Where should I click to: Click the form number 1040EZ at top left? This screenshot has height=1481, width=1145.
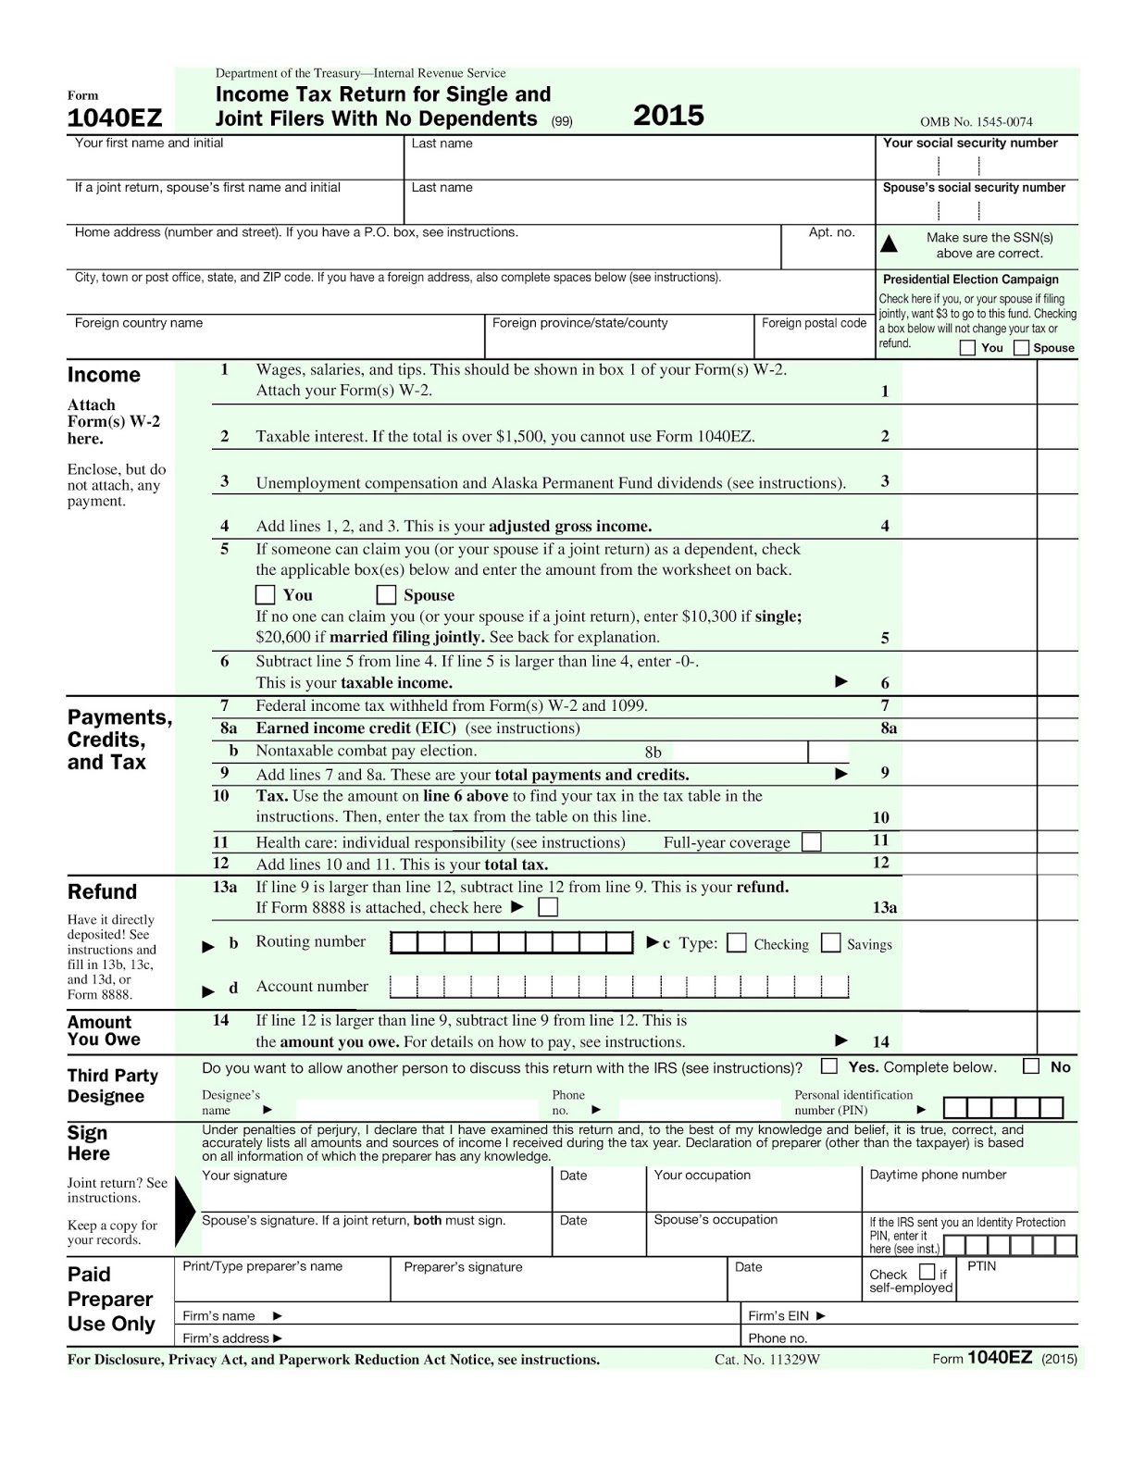[115, 118]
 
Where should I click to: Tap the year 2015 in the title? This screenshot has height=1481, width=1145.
[668, 116]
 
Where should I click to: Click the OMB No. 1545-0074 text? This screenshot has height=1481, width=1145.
[976, 122]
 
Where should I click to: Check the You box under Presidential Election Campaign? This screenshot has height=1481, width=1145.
[967, 348]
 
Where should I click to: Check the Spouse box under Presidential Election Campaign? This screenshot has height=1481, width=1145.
[1021, 348]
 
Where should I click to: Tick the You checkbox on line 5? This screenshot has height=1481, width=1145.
[266, 594]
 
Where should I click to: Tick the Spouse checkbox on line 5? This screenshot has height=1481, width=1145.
[387, 594]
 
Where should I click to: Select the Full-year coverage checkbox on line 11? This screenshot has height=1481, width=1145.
[811, 842]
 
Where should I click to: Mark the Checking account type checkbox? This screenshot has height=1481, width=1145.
[737, 943]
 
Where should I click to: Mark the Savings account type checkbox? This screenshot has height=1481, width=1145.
[831, 943]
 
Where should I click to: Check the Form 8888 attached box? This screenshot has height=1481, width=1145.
[548, 907]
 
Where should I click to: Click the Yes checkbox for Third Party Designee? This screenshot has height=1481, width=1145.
[829, 1066]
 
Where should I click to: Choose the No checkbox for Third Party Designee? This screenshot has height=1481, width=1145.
[1031, 1066]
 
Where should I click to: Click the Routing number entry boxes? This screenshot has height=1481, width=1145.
[512, 943]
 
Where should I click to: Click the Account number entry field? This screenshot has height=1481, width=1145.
[618, 987]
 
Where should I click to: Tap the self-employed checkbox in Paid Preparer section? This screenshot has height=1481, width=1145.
[927, 1272]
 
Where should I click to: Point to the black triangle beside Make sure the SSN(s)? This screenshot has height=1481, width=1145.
[889, 244]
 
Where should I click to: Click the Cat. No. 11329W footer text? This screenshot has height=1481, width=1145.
[767, 1360]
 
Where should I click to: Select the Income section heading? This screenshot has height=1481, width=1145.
[104, 375]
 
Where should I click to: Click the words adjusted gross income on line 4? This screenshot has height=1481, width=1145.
[570, 527]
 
